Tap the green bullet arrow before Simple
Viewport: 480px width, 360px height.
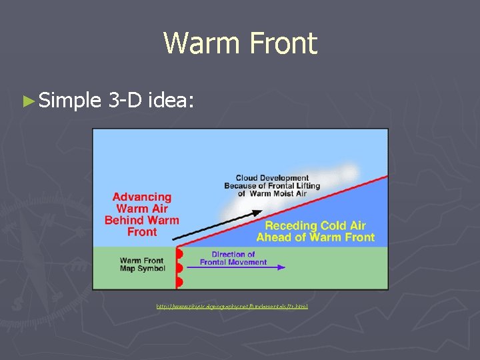(27, 101)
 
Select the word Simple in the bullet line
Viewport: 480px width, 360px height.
(69, 101)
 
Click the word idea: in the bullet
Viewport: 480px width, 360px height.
(171, 101)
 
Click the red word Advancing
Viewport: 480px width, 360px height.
(142, 197)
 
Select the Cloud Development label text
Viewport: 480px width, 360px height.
(272, 178)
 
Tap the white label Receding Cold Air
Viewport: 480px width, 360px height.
(315, 226)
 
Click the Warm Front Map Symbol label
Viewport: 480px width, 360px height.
(141, 265)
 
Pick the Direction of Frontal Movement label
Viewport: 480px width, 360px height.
(233, 258)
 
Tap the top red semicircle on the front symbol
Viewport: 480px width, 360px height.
(179, 254)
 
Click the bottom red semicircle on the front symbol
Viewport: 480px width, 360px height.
(179, 283)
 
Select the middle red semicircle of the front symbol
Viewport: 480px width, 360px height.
(179, 269)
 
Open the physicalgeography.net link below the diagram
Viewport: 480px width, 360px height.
(231, 307)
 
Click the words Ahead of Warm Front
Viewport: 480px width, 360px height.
(315, 237)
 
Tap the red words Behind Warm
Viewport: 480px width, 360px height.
(142, 221)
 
